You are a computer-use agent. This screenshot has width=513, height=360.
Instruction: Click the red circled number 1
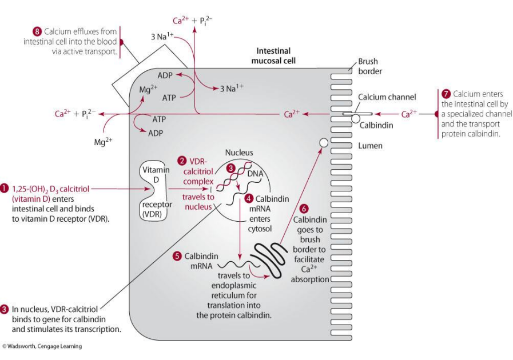(5, 187)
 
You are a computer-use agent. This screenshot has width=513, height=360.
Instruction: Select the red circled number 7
(447, 94)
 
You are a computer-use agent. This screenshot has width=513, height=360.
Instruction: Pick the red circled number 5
(177, 255)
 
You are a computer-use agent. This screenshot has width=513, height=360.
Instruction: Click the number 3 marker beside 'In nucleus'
(5, 309)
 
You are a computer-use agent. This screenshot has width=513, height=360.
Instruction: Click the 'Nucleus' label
(238, 153)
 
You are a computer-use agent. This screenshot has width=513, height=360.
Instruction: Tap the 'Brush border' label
(368, 67)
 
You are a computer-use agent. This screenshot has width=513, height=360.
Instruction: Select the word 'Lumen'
(369, 146)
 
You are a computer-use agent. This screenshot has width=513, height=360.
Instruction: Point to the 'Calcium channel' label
(387, 97)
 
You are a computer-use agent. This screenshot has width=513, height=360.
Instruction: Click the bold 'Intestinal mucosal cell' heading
(276, 55)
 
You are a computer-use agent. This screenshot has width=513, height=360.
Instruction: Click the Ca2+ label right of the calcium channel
(409, 114)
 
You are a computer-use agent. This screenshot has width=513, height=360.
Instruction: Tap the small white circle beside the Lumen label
(323, 142)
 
